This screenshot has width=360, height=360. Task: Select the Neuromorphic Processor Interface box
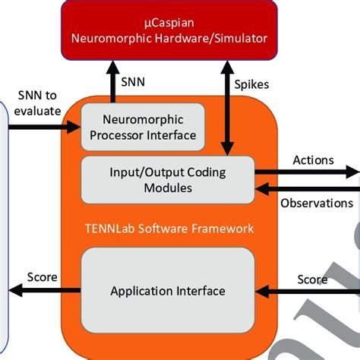pos(143,127)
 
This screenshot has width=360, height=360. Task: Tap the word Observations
pos(317,204)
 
